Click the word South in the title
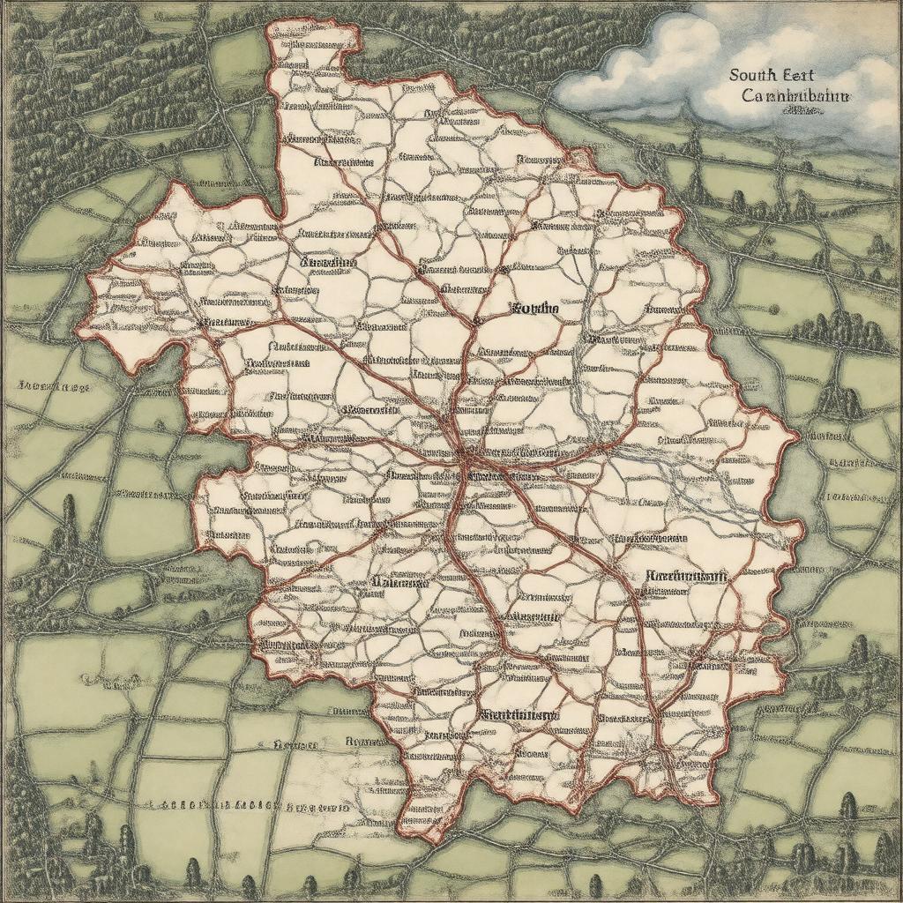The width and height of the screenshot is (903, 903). [753, 77]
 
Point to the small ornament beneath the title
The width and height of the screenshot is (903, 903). [799, 113]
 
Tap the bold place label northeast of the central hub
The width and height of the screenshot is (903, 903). [534, 310]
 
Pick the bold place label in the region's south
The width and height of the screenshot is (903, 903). [520, 714]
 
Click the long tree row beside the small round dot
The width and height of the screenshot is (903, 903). [838, 332]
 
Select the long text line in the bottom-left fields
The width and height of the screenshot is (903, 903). [251, 806]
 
